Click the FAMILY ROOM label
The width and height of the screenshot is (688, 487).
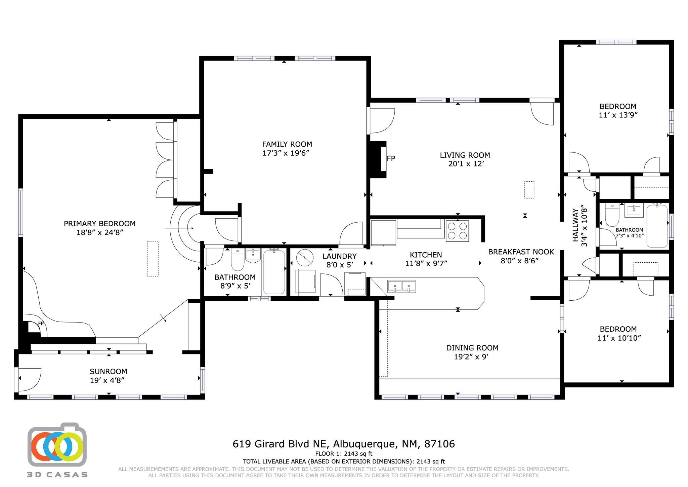[287, 144]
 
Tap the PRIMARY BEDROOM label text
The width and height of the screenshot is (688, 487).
[99, 224]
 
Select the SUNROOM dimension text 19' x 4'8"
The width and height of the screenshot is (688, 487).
[108, 380]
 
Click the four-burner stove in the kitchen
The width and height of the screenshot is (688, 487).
[457, 231]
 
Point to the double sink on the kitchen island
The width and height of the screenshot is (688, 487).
[402, 286]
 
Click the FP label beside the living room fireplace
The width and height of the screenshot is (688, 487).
[391, 158]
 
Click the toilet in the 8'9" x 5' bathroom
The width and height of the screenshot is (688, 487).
[238, 260]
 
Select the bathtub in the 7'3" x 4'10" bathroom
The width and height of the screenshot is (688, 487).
[657, 226]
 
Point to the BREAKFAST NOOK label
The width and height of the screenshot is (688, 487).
[521, 252]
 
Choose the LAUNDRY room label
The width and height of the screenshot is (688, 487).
[340, 256]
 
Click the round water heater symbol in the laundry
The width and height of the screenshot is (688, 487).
[305, 258]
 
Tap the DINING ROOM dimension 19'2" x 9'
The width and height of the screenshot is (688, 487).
[471, 357]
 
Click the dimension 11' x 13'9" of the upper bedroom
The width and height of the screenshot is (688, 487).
[618, 115]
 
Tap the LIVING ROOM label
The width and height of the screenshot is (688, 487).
[465, 155]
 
